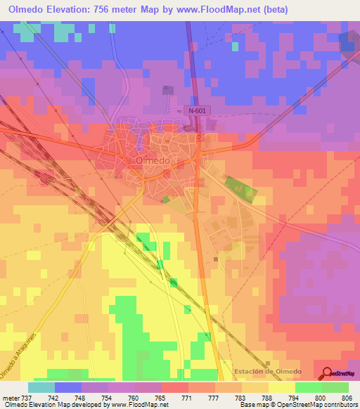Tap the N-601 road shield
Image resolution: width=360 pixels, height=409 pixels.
tap(197, 110)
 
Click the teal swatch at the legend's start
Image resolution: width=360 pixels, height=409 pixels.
tap(41, 387)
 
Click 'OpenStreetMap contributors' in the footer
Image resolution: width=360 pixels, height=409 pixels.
tap(321, 405)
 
